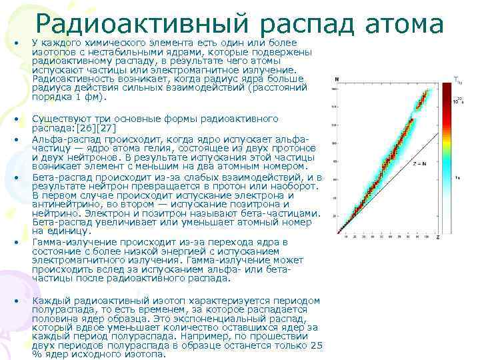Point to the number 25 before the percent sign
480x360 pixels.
(317, 345)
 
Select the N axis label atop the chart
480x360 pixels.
(337, 79)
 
